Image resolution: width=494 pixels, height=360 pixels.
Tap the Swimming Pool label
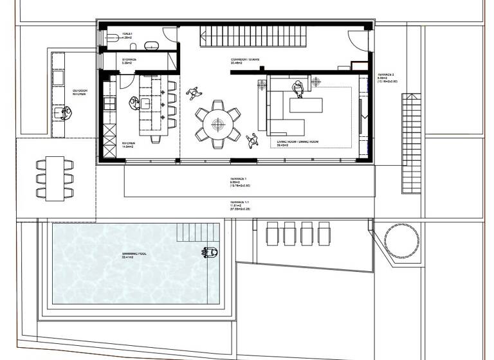pyautogui.click(x=134, y=254)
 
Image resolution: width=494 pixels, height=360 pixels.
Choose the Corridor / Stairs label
pyautogui.click(x=245, y=61)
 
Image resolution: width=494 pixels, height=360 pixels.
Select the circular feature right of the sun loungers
pyautogui.click(x=397, y=240)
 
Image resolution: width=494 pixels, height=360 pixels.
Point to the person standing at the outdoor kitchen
pyautogui.click(x=66, y=113)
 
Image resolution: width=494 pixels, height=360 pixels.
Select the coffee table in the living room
pyautogui.click(x=307, y=106)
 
